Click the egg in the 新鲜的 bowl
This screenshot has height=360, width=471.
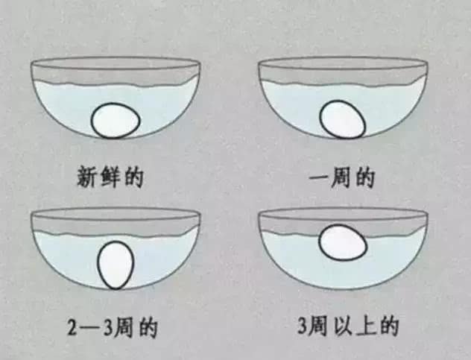(x=116, y=120)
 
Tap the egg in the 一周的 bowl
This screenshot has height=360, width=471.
(x=343, y=121)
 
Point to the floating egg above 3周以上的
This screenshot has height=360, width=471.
(x=342, y=243)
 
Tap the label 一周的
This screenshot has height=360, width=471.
(x=342, y=178)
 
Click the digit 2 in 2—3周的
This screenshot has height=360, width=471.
(x=72, y=327)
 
